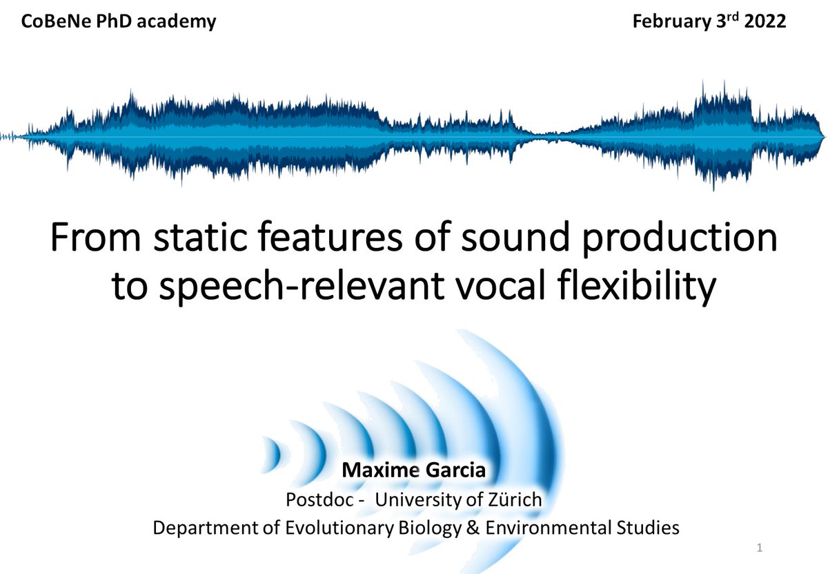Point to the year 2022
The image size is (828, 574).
[x=764, y=21]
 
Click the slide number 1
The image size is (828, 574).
[x=760, y=548]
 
